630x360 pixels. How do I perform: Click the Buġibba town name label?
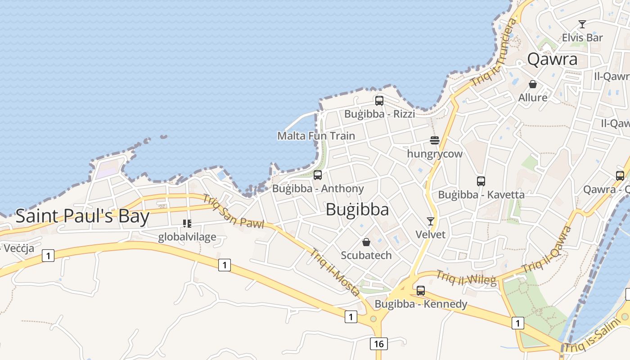pyautogui.click(x=357, y=210)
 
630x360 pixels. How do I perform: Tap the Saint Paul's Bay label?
pyautogui.click(x=82, y=216)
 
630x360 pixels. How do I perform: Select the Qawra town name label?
pyautogui.click(x=552, y=59)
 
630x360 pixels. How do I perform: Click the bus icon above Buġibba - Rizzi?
pyautogui.click(x=379, y=101)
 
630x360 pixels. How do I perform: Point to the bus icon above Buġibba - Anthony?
pyautogui.click(x=318, y=175)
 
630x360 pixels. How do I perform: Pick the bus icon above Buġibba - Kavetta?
pyautogui.click(x=481, y=181)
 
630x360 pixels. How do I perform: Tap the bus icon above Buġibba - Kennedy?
pyautogui.click(x=421, y=291)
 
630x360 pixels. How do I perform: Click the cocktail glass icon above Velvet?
pyautogui.click(x=431, y=221)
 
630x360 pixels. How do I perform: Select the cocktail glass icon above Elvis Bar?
pyautogui.click(x=582, y=24)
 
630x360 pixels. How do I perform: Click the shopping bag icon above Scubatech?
pyautogui.click(x=366, y=242)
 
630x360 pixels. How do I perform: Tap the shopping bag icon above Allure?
pyautogui.click(x=533, y=84)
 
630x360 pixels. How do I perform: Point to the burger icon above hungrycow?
pyautogui.click(x=434, y=140)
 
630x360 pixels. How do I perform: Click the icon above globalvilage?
pyautogui.click(x=187, y=224)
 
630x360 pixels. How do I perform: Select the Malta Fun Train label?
pyautogui.click(x=316, y=136)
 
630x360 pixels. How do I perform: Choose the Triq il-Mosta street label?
pyautogui.click(x=334, y=272)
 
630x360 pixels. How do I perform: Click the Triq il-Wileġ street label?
pyautogui.click(x=466, y=278)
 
